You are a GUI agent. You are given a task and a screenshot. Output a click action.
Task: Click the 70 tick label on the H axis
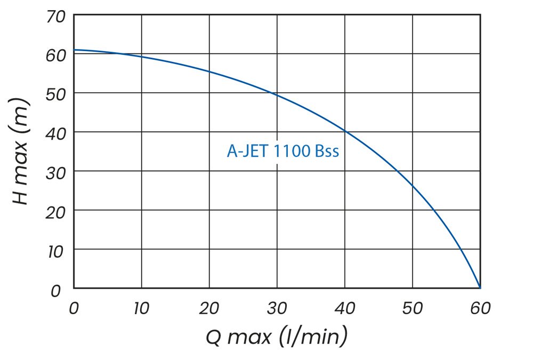point(56,17)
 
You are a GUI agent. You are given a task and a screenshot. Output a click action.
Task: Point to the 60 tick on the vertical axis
point(56,55)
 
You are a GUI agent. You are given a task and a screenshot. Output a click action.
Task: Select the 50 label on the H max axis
point(56,94)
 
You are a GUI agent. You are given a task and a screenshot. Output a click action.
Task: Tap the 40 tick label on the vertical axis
point(56,133)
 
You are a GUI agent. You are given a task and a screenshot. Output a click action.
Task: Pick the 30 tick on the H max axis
point(56,172)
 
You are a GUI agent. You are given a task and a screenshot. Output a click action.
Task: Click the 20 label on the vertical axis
point(56,211)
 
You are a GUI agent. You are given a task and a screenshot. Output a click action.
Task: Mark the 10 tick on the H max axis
point(56,250)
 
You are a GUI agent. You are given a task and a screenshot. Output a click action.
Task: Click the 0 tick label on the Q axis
point(74,308)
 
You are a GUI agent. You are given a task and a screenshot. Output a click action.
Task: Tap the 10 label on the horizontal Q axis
point(142,308)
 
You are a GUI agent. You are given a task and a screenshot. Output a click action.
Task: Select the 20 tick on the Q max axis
point(209,308)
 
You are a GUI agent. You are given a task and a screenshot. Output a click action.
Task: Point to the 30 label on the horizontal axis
point(277,308)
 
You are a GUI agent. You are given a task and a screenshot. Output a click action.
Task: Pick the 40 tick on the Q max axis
point(345,308)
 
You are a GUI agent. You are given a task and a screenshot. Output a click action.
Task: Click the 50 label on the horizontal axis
point(413,308)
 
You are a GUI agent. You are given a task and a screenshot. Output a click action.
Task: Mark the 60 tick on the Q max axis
point(480,308)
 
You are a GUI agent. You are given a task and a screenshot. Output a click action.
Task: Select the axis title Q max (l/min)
point(277,337)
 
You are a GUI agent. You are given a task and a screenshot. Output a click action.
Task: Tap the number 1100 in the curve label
point(293,151)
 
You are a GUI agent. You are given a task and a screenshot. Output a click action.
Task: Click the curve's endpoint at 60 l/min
point(480,288)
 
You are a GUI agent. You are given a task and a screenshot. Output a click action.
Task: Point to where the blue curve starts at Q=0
point(74,50)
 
